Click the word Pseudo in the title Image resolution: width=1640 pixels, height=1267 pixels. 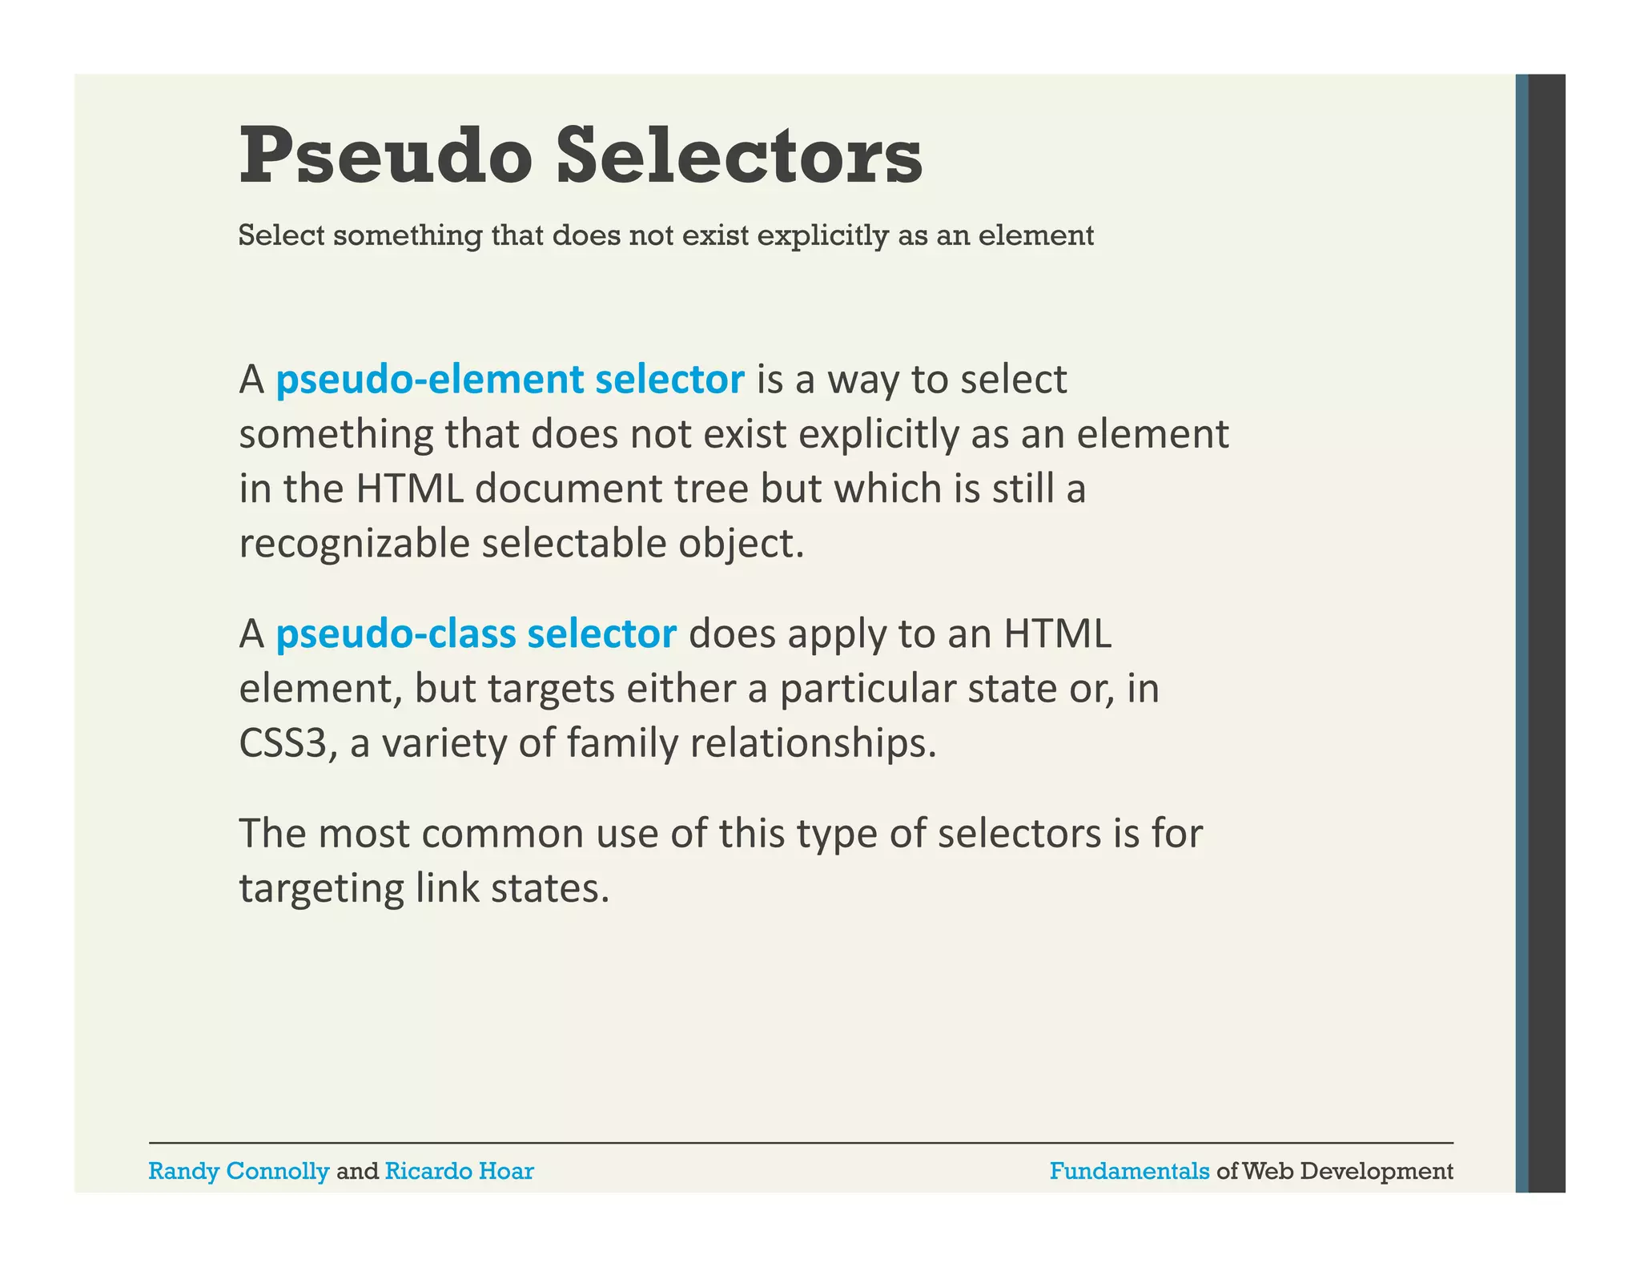click(385, 155)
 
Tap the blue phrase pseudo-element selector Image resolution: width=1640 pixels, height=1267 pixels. click(509, 380)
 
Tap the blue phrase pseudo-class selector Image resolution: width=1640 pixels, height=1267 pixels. click(476, 634)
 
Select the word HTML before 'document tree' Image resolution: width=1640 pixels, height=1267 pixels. click(409, 489)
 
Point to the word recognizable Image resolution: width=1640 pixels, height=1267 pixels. click(355, 544)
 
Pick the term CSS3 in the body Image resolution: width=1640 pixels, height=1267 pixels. click(283, 743)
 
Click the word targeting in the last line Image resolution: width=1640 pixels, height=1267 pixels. click(321, 889)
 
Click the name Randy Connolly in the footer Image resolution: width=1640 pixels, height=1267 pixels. click(239, 1172)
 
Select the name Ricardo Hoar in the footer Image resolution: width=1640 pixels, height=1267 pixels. click(459, 1172)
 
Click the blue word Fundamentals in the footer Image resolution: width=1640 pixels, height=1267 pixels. click(1129, 1172)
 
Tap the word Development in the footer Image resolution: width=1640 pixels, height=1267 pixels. click(1377, 1172)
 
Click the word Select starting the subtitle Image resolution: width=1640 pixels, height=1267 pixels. click(281, 235)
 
